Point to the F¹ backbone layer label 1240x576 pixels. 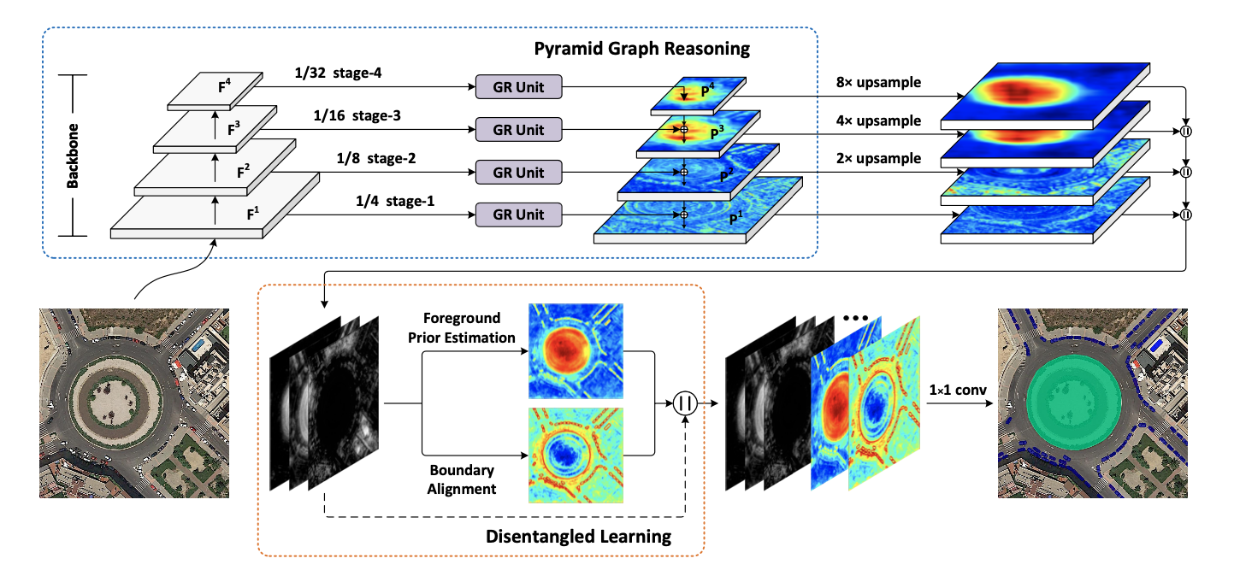(253, 214)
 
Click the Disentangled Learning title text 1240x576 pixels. (578, 537)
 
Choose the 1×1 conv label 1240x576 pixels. (958, 391)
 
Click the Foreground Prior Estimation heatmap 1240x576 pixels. (576, 351)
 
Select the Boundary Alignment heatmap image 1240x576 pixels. (576, 455)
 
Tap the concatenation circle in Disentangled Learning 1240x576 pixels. (684, 403)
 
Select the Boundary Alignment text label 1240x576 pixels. (463, 480)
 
